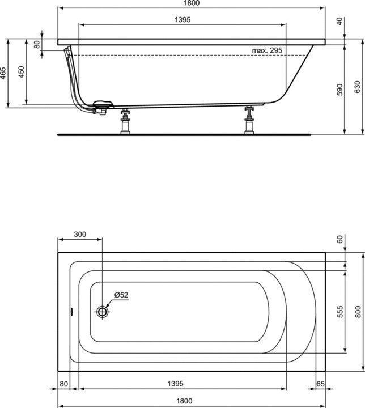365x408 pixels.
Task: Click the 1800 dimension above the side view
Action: [192, 3]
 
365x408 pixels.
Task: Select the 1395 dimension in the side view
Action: [182, 19]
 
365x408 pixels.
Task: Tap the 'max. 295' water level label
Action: [267, 50]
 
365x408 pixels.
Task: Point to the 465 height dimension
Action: [3, 73]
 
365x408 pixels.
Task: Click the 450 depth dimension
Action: [22, 72]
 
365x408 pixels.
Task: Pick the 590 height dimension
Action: [340, 90]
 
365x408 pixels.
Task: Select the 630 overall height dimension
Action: [358, 87]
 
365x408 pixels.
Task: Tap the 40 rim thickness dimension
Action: [340, 22]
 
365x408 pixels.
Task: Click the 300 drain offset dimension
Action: [80, 234]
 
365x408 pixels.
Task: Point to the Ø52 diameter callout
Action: [121, 295]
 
